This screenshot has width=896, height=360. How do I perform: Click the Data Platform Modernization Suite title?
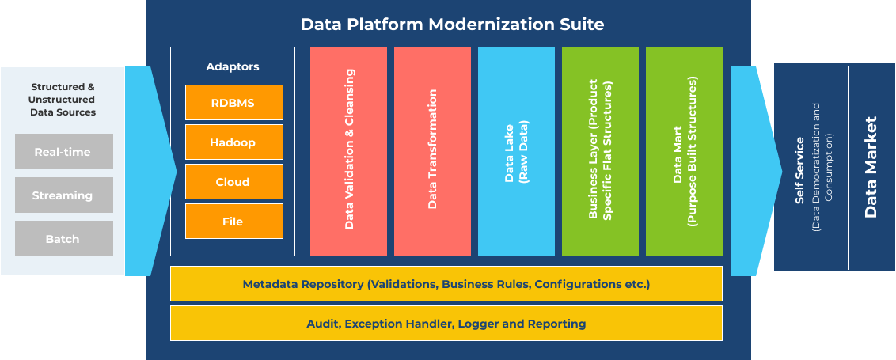click(x=452, y=25)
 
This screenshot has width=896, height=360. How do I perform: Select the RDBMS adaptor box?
click(x=233, y=103)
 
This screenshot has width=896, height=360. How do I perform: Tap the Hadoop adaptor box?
click(x=233, y=142)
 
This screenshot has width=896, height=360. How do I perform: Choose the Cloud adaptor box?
click(x=233, y=182)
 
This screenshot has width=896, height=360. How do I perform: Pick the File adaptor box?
click(x=233, y=222)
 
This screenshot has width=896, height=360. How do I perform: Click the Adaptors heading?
click(x=233, y=67)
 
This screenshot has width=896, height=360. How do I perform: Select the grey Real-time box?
click(x=63, y=152)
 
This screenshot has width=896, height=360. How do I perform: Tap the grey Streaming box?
click(x=63, y=195)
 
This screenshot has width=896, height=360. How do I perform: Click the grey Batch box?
click(x=63, y=239)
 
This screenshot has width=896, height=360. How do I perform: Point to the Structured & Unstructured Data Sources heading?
click(x=63, y=100)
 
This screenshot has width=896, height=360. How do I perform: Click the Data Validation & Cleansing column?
click(x=348, y=151)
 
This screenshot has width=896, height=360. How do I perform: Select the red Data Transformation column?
click(x=432, y=151)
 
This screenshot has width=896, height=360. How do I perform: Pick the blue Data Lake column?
click(x=516, y=151)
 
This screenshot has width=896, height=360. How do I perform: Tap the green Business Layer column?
click(x=600, y=151)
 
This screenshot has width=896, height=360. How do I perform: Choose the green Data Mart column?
click(x=684, y=151)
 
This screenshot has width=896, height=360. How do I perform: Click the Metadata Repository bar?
click(x=446, y=284)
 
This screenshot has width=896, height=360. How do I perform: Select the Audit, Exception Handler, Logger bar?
click(x=446, y=324)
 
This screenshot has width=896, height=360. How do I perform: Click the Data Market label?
click(x=871, y=167)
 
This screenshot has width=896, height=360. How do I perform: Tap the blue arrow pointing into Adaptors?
click(x=150, y=171)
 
